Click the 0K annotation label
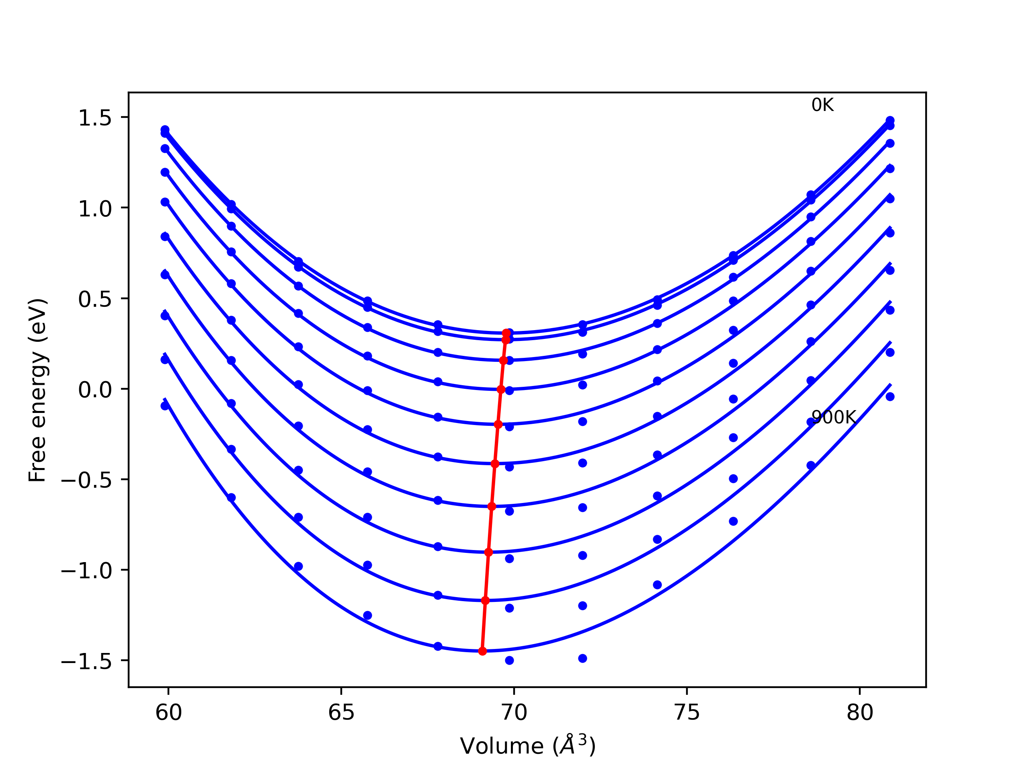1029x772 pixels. (822, 106)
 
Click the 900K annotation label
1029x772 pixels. (833, 418)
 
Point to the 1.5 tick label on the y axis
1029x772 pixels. (95, 118)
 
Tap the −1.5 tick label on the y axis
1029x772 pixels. (86, 661)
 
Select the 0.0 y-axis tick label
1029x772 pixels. (95, 390)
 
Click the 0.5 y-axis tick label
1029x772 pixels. (95, 299)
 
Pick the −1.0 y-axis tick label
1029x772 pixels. (86, 571)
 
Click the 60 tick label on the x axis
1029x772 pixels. (168, 713)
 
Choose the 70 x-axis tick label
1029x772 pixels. (514, 713)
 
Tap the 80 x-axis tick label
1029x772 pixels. (860, 713)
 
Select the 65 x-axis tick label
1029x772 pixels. (341, 713)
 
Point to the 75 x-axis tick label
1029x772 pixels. (687, 713)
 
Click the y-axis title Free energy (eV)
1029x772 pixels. (37, 390)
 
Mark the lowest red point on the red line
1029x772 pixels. (482, 651)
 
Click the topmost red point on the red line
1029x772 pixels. (506, 333)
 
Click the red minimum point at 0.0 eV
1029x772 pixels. (501, 390)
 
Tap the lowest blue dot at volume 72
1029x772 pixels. (582, 659)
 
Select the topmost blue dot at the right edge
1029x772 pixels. (890, 121)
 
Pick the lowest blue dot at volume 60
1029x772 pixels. (165, 406)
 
